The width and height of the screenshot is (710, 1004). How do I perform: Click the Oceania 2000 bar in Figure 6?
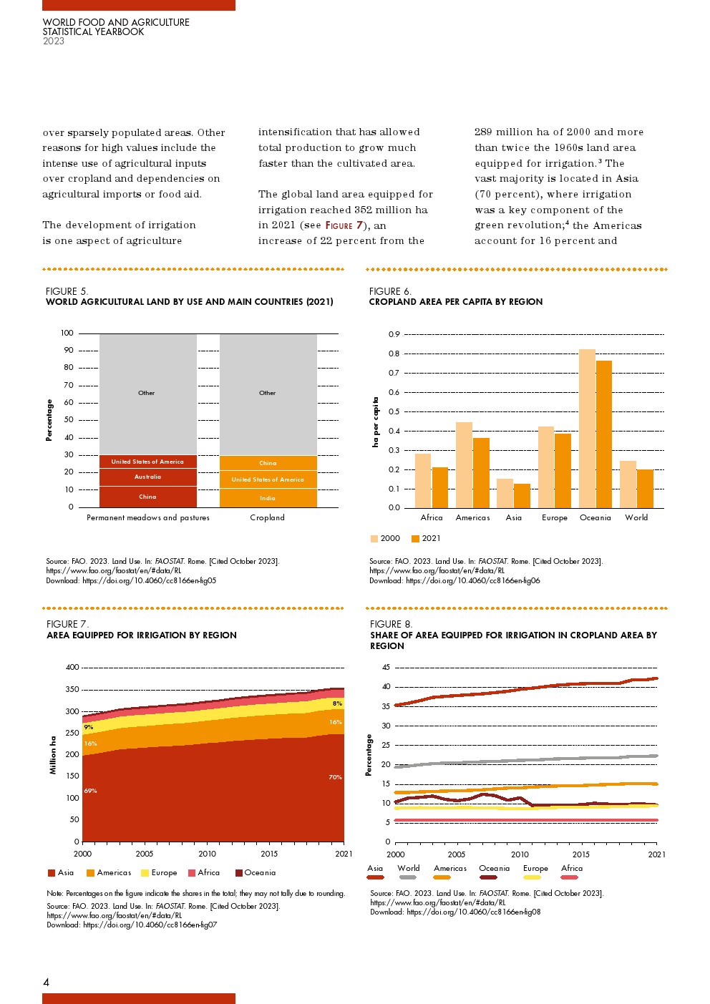tap(587, 428)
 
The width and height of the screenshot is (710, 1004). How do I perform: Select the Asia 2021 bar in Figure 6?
tap(522, 496)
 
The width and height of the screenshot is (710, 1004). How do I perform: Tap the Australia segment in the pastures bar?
tap(148, 477)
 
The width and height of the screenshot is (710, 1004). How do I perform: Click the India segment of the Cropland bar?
tap(268, 498)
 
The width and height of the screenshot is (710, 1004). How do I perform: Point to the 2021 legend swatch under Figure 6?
tap(415, 539)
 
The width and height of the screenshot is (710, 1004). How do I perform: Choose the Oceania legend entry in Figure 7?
tap(239, 873)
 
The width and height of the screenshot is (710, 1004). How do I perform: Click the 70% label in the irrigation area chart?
tap(335, 777)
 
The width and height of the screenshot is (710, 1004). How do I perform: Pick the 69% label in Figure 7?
tap(90, 791)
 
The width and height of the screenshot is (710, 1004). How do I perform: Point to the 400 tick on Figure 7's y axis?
tap(72, 668)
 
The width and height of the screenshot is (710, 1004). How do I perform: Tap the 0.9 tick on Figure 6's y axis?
tap(394, 334)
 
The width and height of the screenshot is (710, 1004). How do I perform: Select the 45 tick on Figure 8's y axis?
tap(386, 668)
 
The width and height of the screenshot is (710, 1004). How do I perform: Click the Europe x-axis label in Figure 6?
tap(555, 518)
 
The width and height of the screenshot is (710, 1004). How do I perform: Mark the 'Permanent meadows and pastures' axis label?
tap(148, 518)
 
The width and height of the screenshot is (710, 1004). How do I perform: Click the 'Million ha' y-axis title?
tap(53, 754)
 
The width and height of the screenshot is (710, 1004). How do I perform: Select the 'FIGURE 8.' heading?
tap(392, 624)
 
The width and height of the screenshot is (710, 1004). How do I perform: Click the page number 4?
tap(47, 983)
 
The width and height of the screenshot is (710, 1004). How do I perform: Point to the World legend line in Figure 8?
tap(408, 877)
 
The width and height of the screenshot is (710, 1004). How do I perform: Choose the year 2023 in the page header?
tap(54, 41)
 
